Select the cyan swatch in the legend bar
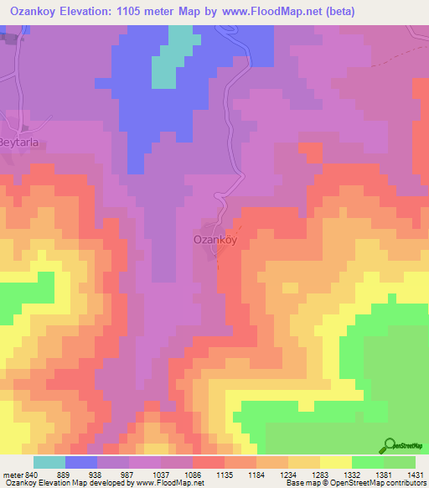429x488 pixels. click(x=49, y=462)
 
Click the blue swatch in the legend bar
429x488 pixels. click(x=81, y=462)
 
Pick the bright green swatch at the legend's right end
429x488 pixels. click(x=400, y=462)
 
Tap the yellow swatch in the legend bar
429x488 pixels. click(x=336, y=462)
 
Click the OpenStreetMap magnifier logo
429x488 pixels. click(x=388, y=446)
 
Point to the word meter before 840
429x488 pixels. click(x=13, y=474)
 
